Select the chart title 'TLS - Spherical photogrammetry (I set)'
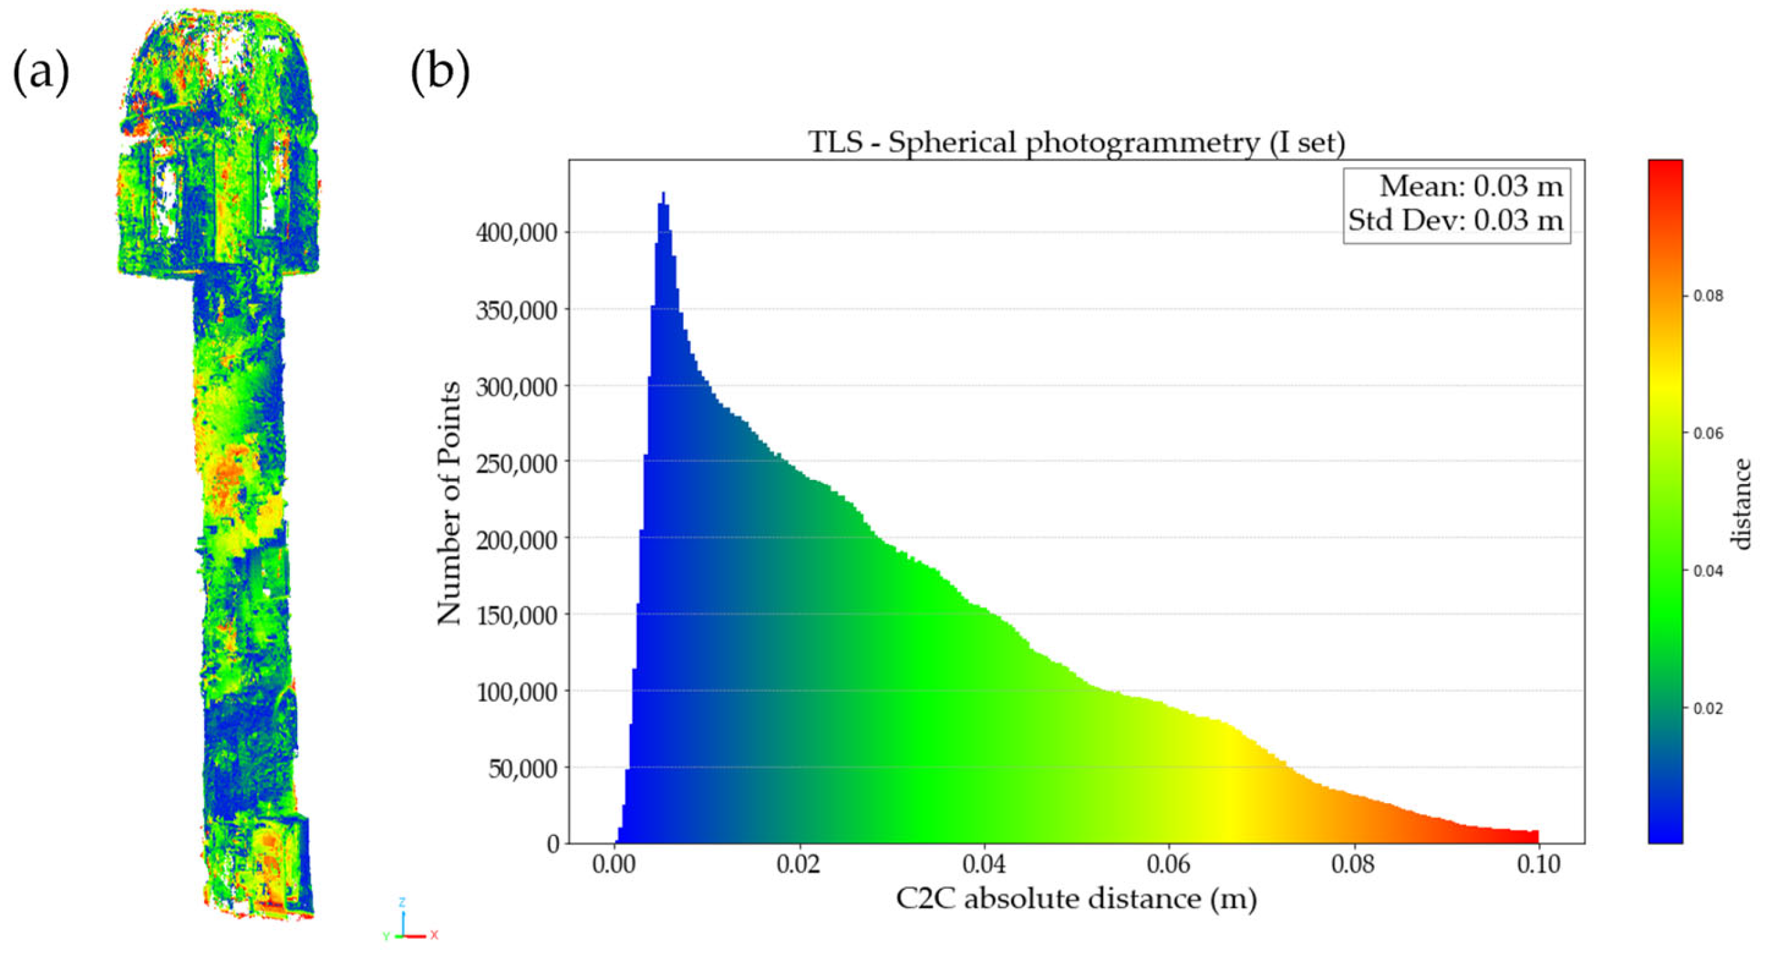(1076, 143)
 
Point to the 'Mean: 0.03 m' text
(1471, 186)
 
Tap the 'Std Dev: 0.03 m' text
(1455, 220)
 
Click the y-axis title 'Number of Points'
(449, 504)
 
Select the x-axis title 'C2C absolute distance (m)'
(1076, 899)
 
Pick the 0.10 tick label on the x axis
(1538, 864)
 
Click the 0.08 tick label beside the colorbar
(1708, 296)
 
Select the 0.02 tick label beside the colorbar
(1708, 708)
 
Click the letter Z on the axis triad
(402, 901)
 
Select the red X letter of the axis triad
(434, 935)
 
